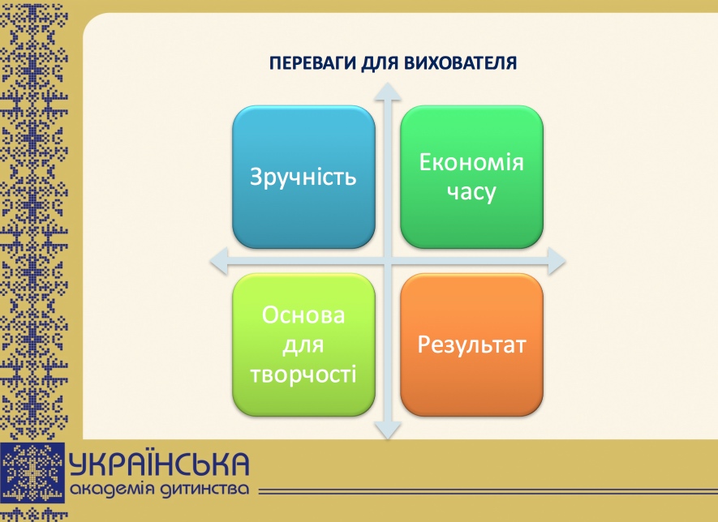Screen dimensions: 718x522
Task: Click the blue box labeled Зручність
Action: pyautogui.click(x=303, y=177)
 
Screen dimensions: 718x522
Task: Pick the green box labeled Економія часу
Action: pyautogui.click(x=471, y=177)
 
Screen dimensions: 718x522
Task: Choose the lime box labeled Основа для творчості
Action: pyautogui.click(x=303, y=345)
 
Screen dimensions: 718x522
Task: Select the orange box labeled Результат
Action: pyautogui.click(x=471, y=345)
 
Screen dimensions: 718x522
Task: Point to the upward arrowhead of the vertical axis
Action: pyautogui.click(x=388, y=92)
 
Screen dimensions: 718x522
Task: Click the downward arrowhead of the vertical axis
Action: pyautogui.click(x=388, y=431)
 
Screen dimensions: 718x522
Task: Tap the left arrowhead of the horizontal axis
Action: pyautogui.click(x=219, y=261)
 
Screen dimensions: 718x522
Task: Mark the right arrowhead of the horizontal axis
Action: pyautogui.click(x=557, y=261)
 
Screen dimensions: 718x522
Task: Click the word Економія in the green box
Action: pyautogui.click(x=471, y=162)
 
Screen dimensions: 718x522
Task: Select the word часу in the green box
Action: pyautogui.click(x=471, y=192)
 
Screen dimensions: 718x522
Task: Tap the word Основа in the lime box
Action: pyautogui.click(x=303, y=315)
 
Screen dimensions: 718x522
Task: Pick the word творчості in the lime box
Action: pyautogui.click(x=303, y=374)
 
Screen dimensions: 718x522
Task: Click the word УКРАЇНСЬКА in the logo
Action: pyautogui.click(x=159, y=464)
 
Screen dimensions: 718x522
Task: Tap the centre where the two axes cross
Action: pyautogui.click(x=388, y=261)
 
